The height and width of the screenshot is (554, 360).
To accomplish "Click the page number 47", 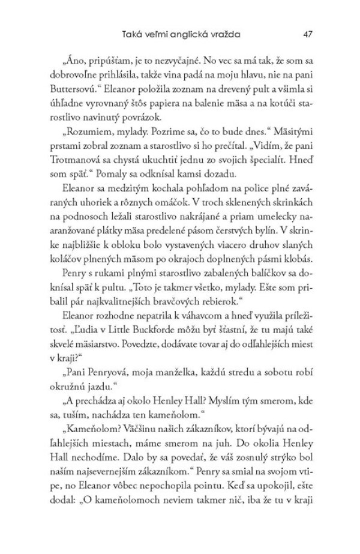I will (309, 35).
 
